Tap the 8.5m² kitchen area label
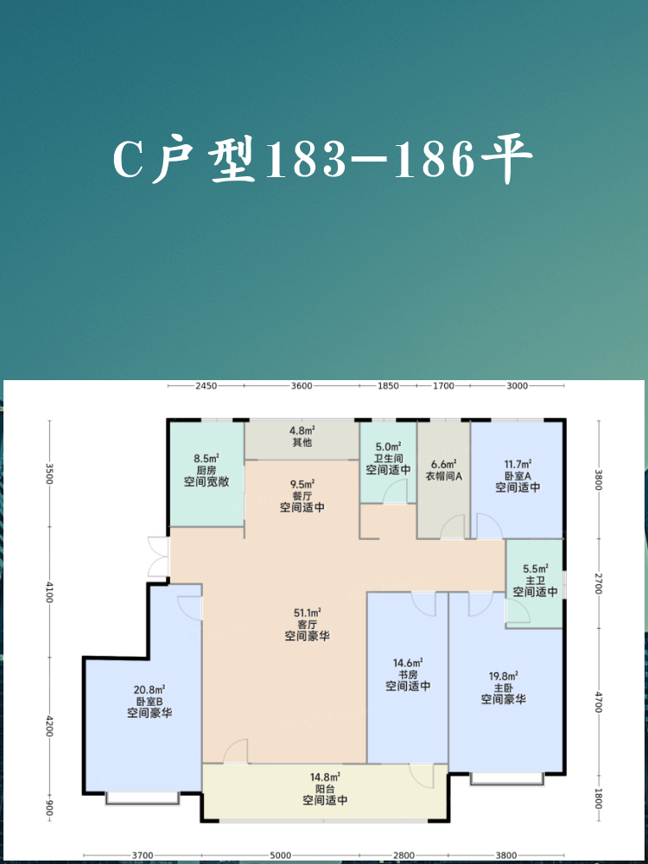(206, 458)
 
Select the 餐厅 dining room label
(302, 495)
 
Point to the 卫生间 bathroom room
(388, 463)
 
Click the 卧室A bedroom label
(517, 475)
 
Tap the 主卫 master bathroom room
(535, 583)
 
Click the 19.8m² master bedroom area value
(503, 677)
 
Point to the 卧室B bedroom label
(149, 701)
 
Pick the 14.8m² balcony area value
(325, 778)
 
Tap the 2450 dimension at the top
(206, 385)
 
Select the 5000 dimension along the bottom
(281, 855)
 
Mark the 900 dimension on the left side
(49, 808)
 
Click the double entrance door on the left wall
(159, 556)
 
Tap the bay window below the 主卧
(507, 778)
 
